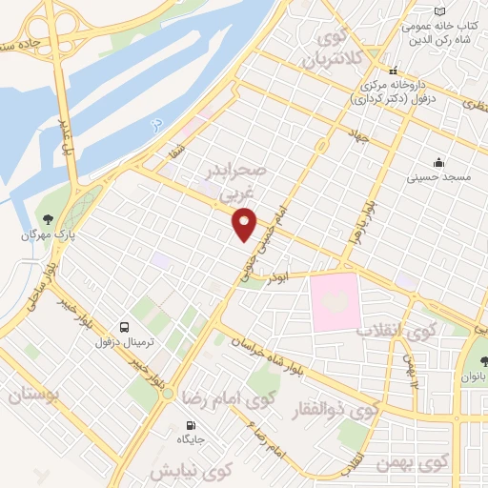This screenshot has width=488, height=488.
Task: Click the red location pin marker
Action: (246, 226)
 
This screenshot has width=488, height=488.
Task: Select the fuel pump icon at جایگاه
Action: (191, 424)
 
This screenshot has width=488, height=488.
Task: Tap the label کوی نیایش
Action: (191, 470)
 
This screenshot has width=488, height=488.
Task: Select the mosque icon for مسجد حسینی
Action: (437, 162)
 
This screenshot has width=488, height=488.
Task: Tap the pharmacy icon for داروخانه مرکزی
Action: (392, 71)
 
